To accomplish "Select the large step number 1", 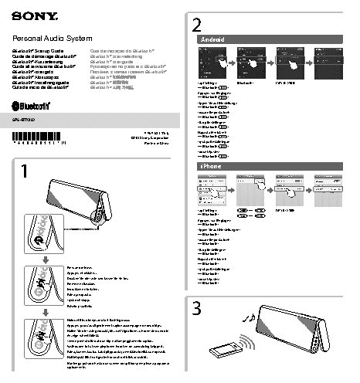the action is [x=25, y=171].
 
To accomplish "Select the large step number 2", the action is [x=198, y=24].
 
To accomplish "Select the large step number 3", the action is [x=198, y=309].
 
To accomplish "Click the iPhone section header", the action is [x=212, y=166].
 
